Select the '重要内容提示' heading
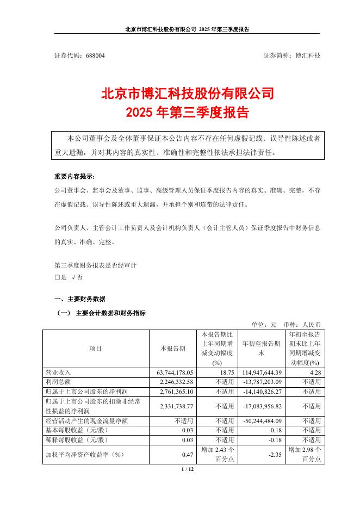(x=74, y=177)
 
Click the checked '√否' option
(x=77, y=277)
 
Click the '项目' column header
(x=95, y=348)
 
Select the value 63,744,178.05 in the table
(x=172, y=373)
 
